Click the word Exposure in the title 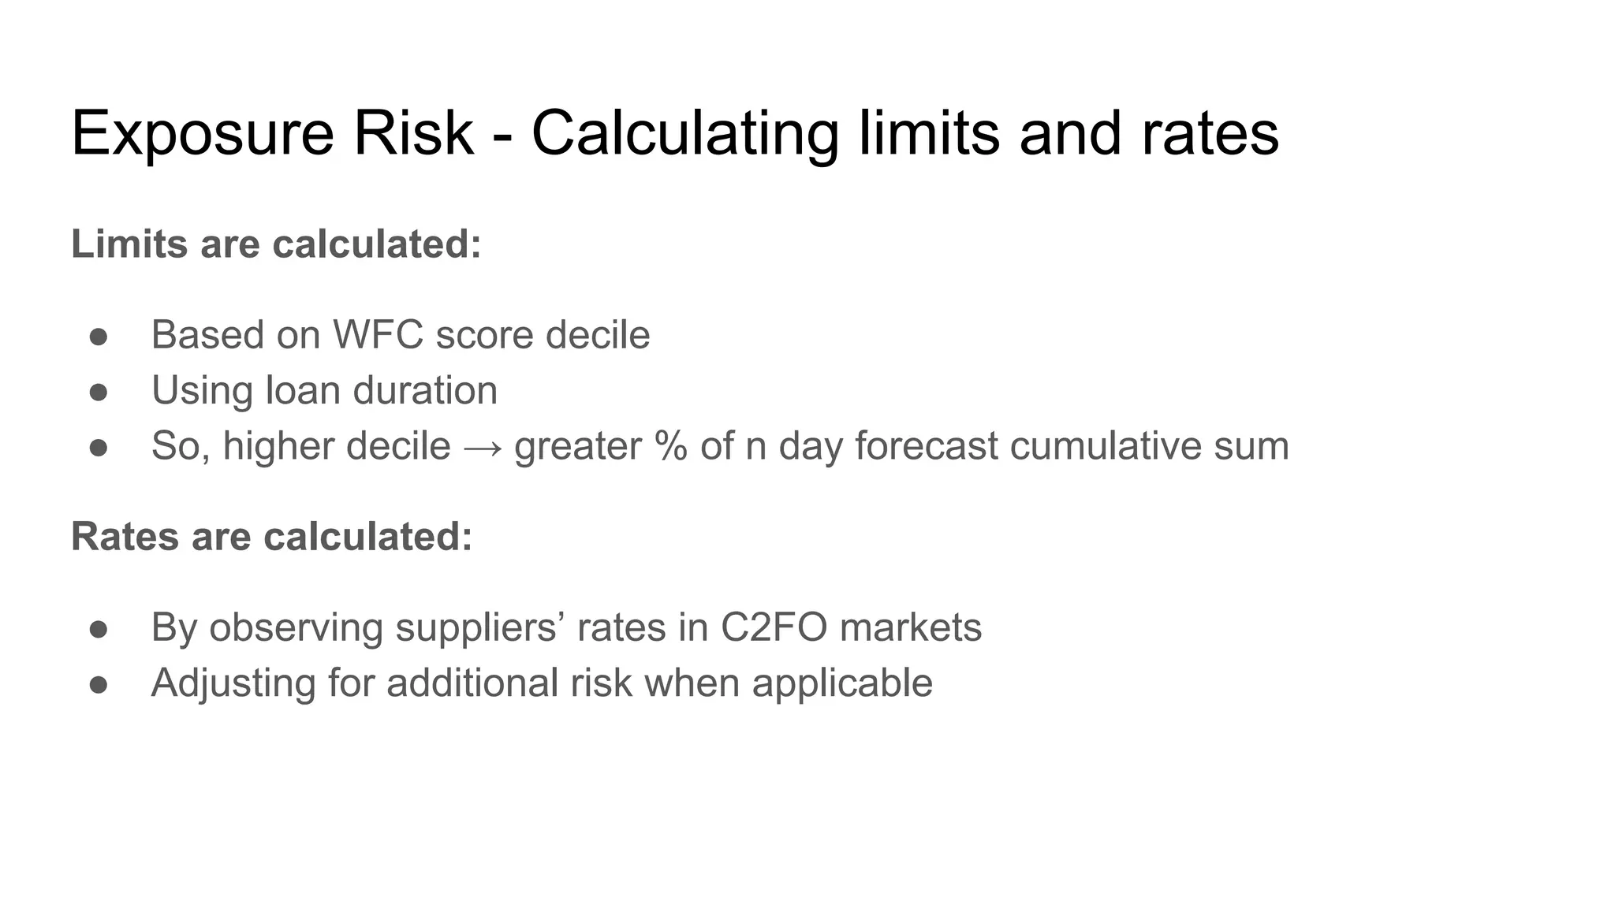pyautogui.click(x=203, y=134)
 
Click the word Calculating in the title pyautogui.click(x=684, y=134)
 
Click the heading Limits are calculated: pyautogui.click(x=276, y=244)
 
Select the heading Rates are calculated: pyautogui.click(x=271, y=536)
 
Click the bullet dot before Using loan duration pyautogui.click(x=99, y=392)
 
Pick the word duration pyautogui.click(x=425, y=390)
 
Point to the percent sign pyautogui.click(x=670, y=445)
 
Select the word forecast pyautogui.click(x=927, y=445)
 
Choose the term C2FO pyautogui.click(x=774, y=627)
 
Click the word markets pyautogui.click(x=911, y=627)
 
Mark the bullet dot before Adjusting pyautogui.click(x=99, y=684)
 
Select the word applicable pyautogui.click(x=842, y=683)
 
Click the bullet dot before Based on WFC pyautogui.click(x=99, y=337)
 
